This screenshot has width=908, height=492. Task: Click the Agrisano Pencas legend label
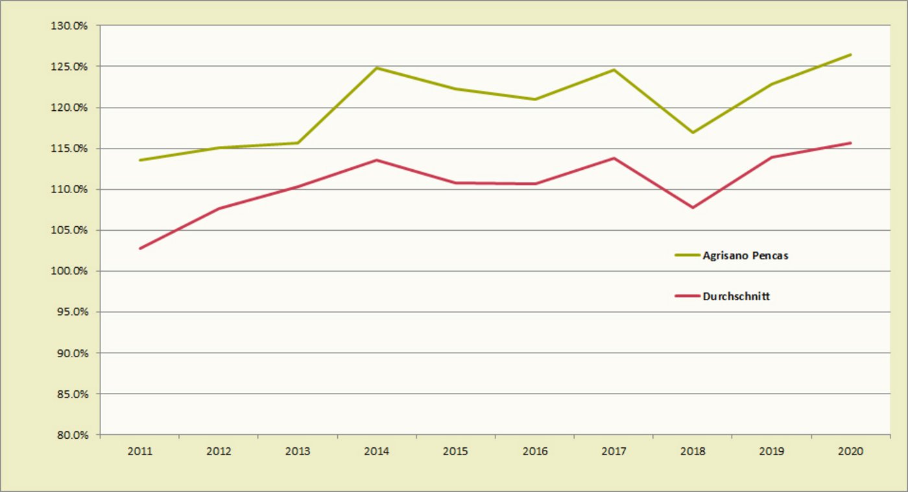point(745,255)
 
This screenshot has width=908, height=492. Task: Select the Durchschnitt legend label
point(736,296)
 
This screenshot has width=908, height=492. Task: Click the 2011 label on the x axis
point(139,451)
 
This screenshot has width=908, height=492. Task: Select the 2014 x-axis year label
point(376,451)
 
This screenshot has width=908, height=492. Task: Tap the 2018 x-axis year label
point(693,451)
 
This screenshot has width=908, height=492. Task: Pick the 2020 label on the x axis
point(850,451)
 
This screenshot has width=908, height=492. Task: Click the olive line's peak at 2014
point(377,68)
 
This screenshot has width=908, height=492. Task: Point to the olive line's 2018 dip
point(693,133)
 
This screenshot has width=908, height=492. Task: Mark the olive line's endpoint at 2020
point(850,54)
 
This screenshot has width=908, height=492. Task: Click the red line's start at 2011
point(139,248)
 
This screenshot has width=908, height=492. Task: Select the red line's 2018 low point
point(693,207)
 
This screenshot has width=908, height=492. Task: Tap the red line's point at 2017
point(614,158)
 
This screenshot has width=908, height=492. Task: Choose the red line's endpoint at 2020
point(850,143)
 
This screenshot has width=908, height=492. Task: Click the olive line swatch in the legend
point(687,255)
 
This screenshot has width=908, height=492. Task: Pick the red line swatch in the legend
point(687,296)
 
